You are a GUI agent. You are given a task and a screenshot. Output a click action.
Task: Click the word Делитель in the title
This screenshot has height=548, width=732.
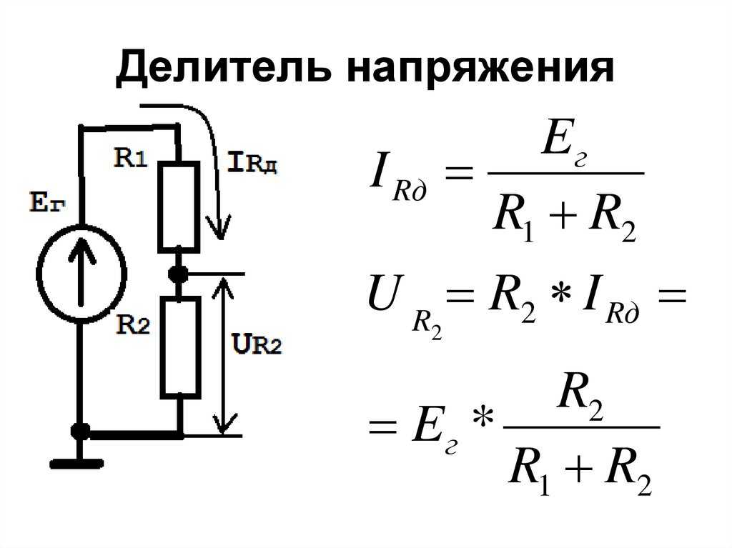pyautogui.click(x=224, y=69)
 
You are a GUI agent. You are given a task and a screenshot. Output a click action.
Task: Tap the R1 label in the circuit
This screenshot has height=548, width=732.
pyautogui.click(x=131, y=158)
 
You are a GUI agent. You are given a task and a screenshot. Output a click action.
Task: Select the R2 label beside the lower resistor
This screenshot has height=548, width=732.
pyautogui.click(x=133, y=324)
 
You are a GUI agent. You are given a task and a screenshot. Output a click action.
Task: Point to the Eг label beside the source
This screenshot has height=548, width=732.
pyautogui.click(x=47, y=203)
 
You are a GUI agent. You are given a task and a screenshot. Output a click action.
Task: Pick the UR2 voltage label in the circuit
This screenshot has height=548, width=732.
pyautogui.click(x=257, y=344)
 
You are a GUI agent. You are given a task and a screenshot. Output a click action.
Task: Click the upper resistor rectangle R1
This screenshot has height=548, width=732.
pyautogui.click(x=179, y=207)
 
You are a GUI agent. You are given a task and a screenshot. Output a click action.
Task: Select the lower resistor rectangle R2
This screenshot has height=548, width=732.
pyautogui.click(x=181, y=348)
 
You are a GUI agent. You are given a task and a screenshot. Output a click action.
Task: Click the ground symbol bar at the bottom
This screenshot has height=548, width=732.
pyautogui.click(x=76, y=464)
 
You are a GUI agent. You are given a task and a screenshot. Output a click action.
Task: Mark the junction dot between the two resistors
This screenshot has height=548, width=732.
pyautogui.click(x=178, y=274)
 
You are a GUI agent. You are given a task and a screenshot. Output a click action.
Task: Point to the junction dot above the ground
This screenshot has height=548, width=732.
pyautogui.click(x=80, y=432)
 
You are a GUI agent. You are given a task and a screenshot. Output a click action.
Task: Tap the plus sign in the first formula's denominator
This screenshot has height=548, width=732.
pyautogui.click(x=564, y=216)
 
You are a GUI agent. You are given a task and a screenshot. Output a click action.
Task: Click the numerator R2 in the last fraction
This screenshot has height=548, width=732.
pyautogui.click(x=580, y=397)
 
